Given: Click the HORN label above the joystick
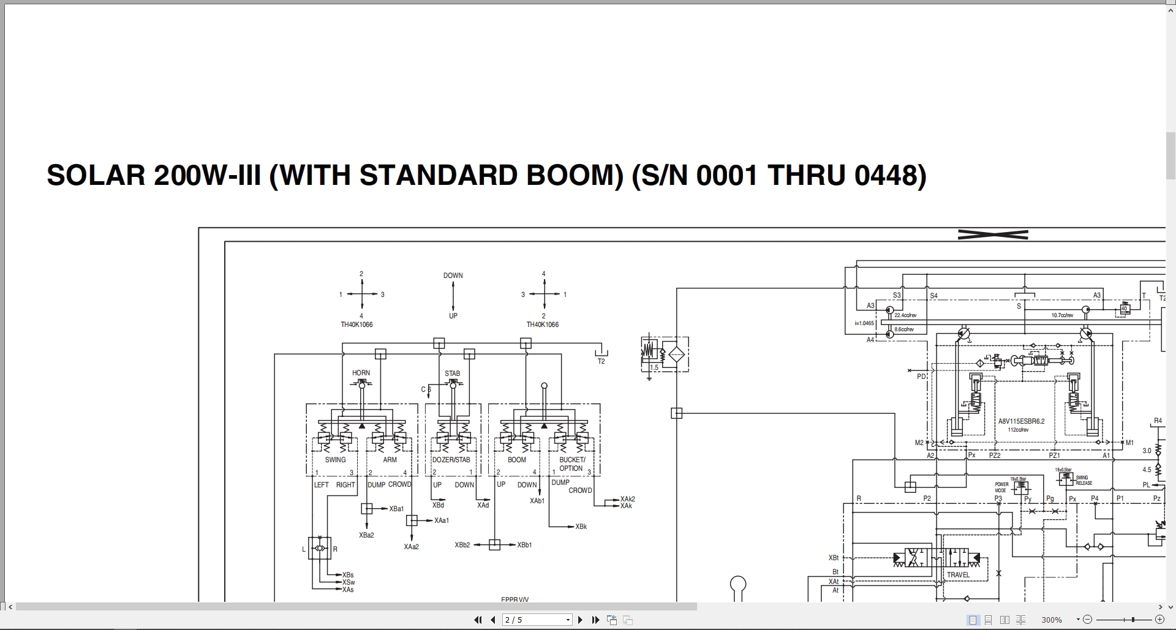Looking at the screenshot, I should [361, 373].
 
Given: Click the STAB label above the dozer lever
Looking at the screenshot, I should [452, 373].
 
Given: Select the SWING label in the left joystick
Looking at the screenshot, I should [335, 460].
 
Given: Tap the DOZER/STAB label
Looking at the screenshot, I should [451, 460].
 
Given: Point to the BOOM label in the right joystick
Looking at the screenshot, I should [516, 460].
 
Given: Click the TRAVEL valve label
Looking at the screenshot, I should [958, 575].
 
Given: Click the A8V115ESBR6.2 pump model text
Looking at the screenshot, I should [1021, 421].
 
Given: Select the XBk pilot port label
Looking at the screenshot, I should [581, 527].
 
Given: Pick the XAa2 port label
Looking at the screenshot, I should [411, 547].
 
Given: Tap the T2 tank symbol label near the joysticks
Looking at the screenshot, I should [601, 361].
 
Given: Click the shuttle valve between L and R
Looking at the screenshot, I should [320, 548].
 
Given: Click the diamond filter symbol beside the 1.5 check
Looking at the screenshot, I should [676, 354].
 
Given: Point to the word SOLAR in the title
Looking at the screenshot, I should [96, 176].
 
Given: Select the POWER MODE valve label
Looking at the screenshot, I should [1001, 487].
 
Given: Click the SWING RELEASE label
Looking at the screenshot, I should [1084, 481].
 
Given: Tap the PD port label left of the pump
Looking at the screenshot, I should [921, 377].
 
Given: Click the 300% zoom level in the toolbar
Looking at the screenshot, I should [1052, 620].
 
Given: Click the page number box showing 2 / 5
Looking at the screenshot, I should [537, 620].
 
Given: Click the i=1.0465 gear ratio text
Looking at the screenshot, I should [864, 323].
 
